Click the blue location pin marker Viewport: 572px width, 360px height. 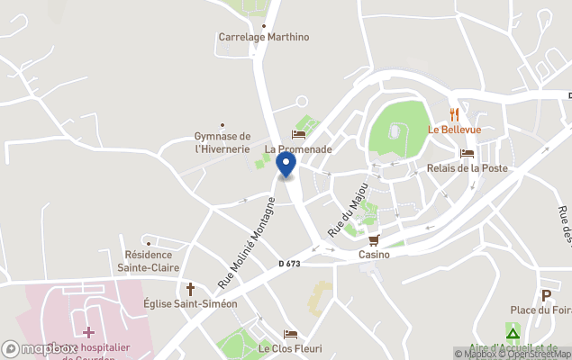(286, 164)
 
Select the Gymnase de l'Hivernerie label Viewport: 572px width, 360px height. (222, 142)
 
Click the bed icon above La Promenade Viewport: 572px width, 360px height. (298, 134)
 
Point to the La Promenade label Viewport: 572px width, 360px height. (298, 149)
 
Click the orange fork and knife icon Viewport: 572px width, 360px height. (455, 114)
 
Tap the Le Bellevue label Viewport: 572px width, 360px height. (455, 130)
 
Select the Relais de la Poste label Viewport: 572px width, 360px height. (467, 168)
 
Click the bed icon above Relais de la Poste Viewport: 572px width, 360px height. (467, 153)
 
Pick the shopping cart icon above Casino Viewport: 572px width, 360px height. (374, 239)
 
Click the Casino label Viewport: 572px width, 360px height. (374, 255)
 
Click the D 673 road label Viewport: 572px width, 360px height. (289, 264)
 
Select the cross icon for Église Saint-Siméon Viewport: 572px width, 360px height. (190, 289)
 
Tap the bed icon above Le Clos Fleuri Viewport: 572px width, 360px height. (290, 334)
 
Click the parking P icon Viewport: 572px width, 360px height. (545, 295)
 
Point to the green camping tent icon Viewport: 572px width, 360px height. (513, 334)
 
